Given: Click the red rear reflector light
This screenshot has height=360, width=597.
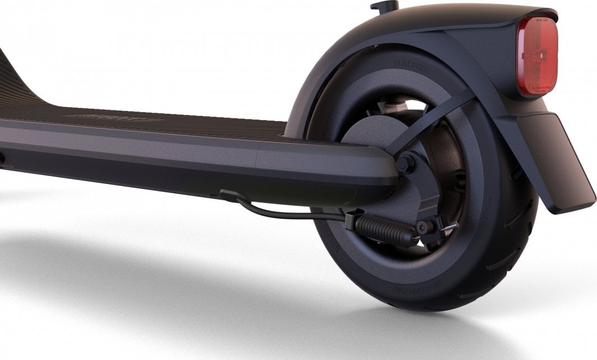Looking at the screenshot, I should click(537, 56).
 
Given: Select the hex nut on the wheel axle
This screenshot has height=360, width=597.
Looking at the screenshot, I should click(405, 163).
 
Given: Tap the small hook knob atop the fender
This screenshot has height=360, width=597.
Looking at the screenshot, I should click(384, 7).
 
